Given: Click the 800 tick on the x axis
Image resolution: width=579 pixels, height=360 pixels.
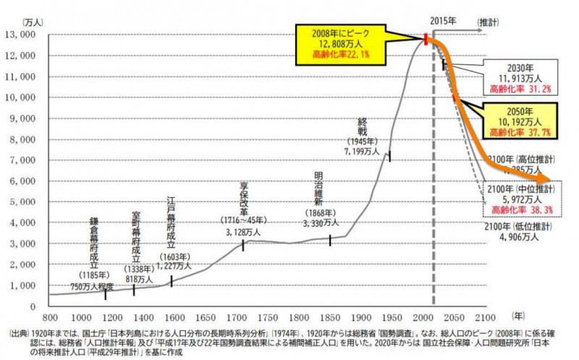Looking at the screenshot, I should pos(50,317).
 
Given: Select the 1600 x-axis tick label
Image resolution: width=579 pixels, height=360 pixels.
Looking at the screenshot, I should pos(174,317).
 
